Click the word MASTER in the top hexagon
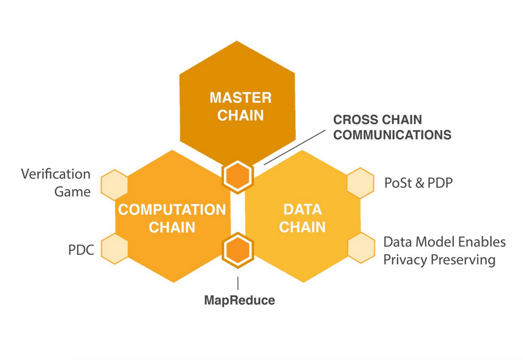pos(240,98)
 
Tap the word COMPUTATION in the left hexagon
pos(172,209)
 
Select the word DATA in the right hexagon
pos(302,209)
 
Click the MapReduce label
pos(239,300)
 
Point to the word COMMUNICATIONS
pos(392,135)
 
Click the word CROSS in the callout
pos(352,120)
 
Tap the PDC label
pos(81,250)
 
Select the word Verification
pos(56,174)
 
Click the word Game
pos(72,191)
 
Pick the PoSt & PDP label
pos(418,183)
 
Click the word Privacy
pos(404,259)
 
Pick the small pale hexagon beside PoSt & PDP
pos(361,183)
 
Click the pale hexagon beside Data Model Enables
pos(361,247)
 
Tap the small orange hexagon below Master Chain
pos(238,176)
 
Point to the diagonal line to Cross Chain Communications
pos(295,147)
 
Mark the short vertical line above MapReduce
pos(238,283)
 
